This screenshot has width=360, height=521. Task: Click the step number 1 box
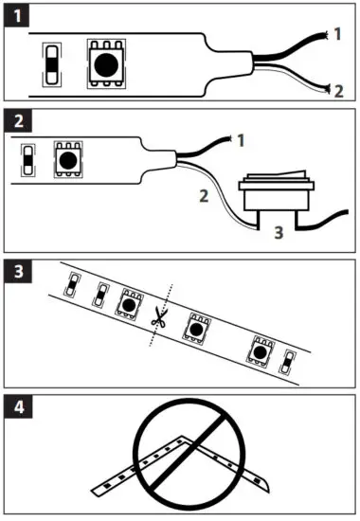pyautogui.click(x=17, y=15)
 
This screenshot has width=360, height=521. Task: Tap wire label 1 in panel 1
pyautogui.click(x=337, y=34)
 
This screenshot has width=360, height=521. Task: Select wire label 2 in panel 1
pyautogui.click(x=337, y=91)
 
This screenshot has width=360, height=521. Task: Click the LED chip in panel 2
pyautogui.click(x=67, y=158)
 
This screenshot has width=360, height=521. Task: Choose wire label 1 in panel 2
pyautogui.click(x=240, y=141)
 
